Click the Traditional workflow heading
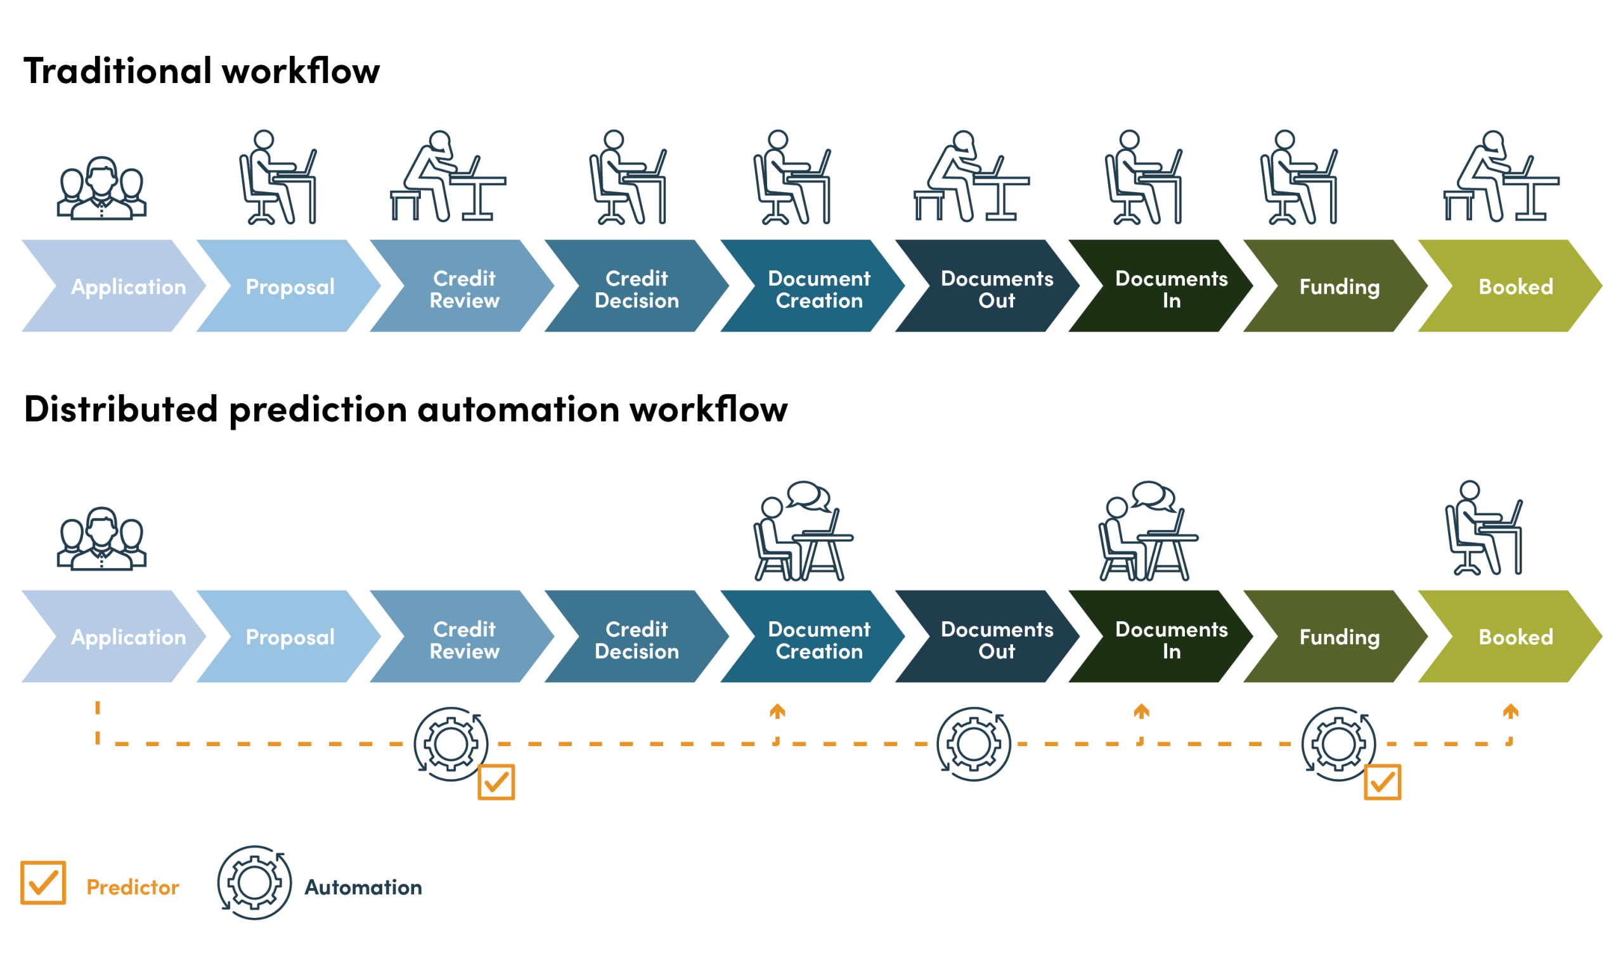pyautogui.click(x=202, y=70)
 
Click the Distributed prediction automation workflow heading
pyautogui.click(x=405, y=410)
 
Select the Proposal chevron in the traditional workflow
pyautogui.click(x=290, y=287)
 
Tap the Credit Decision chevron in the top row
pyautogui.click(x=637, y=289)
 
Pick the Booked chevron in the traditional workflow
pyautogui.click(x=1515, y=287)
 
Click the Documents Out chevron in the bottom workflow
pyautogui.click(x=996, y=639)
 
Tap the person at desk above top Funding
pyautogui.click(x=1298, y=177)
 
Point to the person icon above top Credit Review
pyautogui.click(x=448, y=177)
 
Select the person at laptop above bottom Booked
pyautogui.click(x=1484, y=528)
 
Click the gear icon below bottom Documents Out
pyautogui.click(x=973, y=744)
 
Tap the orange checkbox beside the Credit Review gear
pyautogui.click(x=496, y=782)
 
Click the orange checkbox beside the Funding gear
pyautogui.click(x=1381, y=782)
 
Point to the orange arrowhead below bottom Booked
pyautogui.click(x=1510, y=711)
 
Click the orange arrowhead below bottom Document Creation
pyautogui.click(x=776, y=711)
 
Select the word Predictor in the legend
pyautogui.click(x=133, y=887)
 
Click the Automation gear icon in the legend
pyautogui.click(x=254, y=883)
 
